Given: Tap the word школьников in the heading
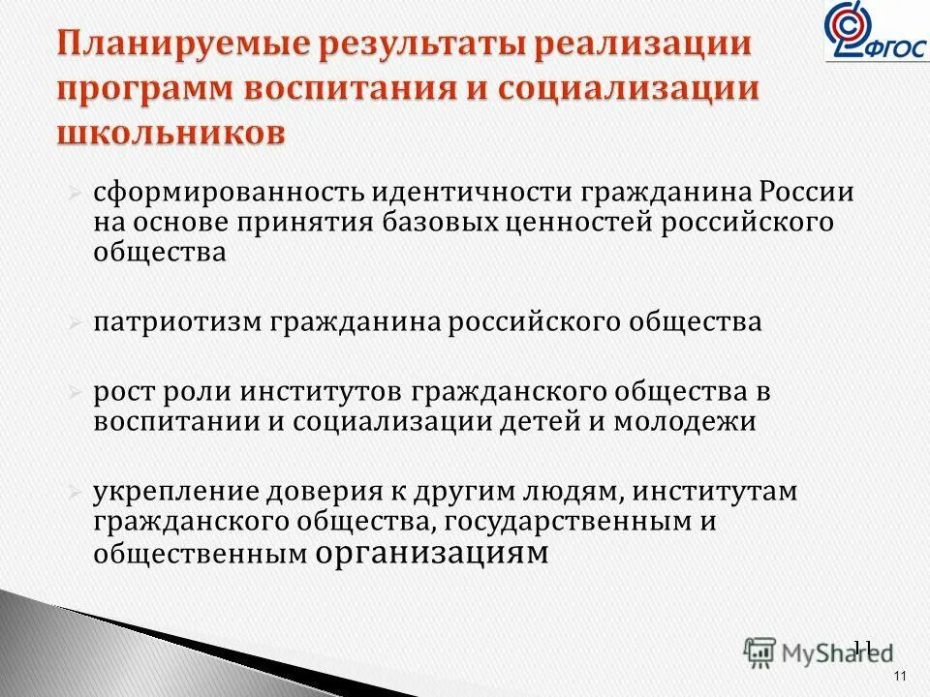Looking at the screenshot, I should (x=172, y=132).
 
